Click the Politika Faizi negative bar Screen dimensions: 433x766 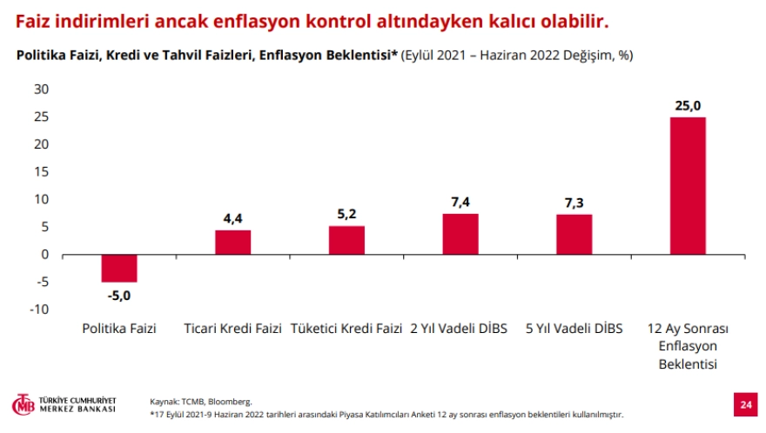point(119,269)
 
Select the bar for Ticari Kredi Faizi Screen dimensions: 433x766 point(232,243)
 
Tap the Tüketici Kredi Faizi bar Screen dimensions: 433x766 point(346,240)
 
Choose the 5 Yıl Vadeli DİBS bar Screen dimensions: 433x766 point(574,235)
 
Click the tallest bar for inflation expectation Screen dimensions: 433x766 point(687,185)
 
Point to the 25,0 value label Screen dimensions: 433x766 point(687,106)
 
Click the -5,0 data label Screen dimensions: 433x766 point(118,295)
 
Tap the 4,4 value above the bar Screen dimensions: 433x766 point(232,219)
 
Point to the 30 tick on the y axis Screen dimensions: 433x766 point(41,90)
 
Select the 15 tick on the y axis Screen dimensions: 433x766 point(41,172)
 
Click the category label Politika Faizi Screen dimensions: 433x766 point(119,329)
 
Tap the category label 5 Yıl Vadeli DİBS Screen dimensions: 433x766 point(574,329)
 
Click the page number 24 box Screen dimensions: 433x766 point(745,404)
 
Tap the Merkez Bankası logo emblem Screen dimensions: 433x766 point(22,404)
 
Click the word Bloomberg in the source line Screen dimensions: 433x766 point(230,402)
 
